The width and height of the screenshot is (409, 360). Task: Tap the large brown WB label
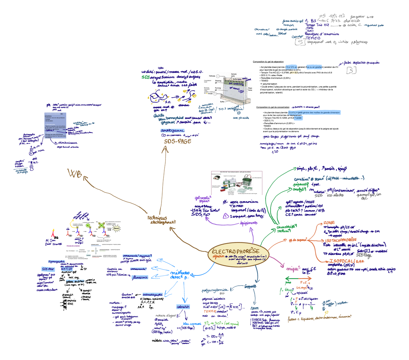pyautogui.click(x=75, y=174)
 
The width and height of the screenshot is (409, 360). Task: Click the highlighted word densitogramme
pyautogui.click(x=172, y=131)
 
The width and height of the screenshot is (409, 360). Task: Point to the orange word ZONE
pyautogui.click(x=329, y=223)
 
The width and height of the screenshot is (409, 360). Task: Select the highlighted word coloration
pyautogui.click(x=183, y=307)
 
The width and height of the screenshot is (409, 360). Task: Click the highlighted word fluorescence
pyautogui.click(x=140, y=277)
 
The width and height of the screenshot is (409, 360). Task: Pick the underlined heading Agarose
pyautogui.click(x=254, y=308)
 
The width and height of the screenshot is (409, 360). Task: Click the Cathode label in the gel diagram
pyautogui.click(x=212, y=76)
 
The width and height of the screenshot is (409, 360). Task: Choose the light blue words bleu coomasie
pyautogui.click(x=192, y=324)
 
